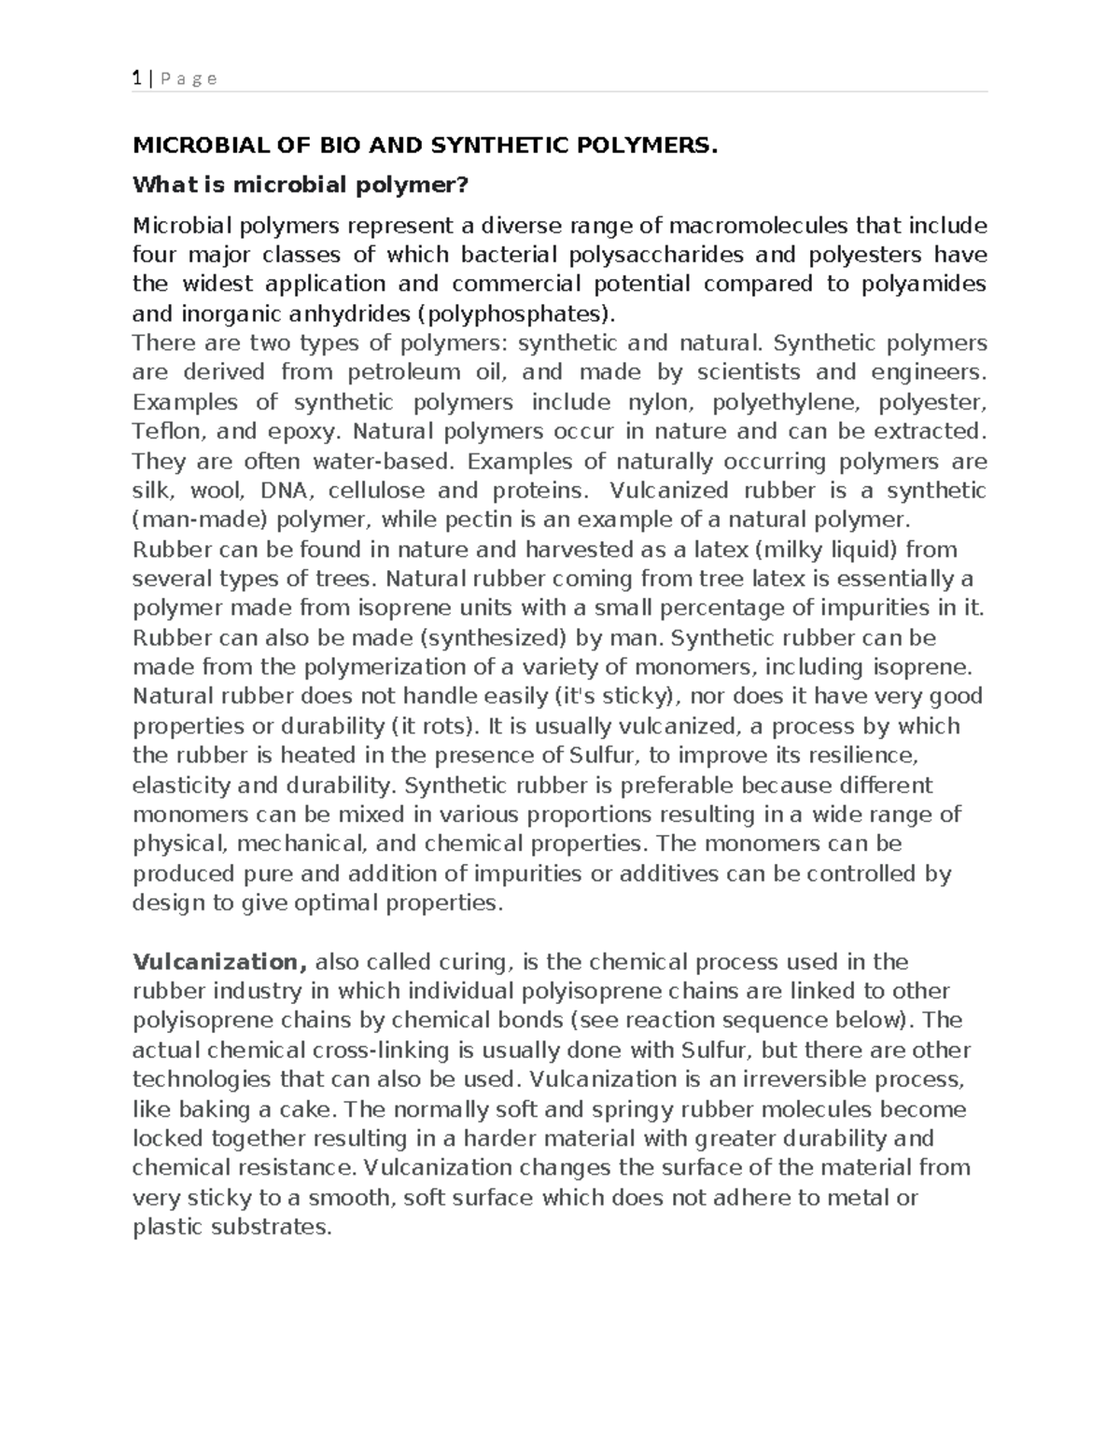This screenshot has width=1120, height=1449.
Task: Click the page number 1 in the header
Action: pyautogui.click(x=136, y=78)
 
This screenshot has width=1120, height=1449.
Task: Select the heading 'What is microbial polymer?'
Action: pyautogui.click(x=299, y=185)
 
